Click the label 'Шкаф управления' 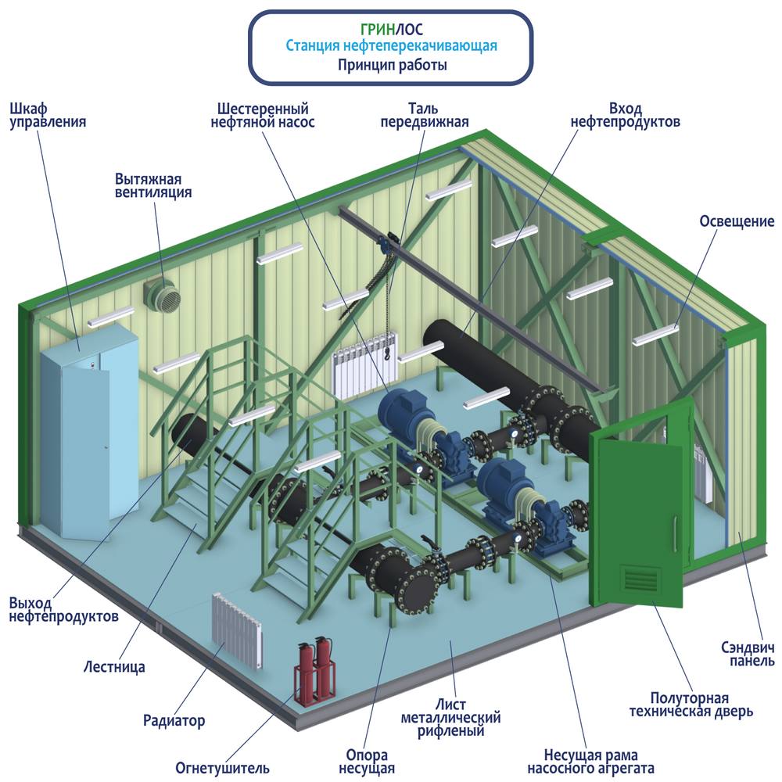[47, 115]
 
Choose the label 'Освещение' [736, 222]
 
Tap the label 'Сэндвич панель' [747, 654]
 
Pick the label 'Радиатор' [174, 720]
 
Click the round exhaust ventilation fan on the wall [163, 296]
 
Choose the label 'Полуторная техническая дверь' [691, 705]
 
